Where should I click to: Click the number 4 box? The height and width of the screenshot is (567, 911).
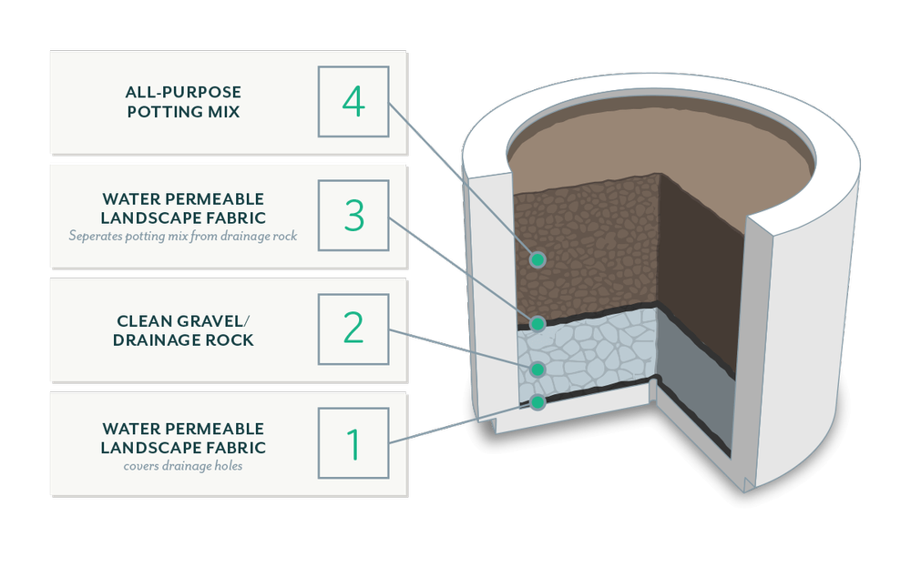click(353, 102)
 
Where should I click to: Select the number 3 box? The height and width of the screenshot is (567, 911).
click(353, 216)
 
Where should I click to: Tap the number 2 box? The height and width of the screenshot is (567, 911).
click(353, 329)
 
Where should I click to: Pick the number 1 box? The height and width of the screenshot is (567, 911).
click(353, 443)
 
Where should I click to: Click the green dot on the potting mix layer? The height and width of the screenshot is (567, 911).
click(537, 259)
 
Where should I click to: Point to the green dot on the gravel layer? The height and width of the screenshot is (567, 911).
click(537, 369)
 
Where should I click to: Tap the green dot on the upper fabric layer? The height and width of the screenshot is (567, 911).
click(537, 323)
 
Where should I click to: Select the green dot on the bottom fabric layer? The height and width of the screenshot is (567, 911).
click(537, 400)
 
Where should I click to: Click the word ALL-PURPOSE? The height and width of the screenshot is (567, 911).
click(183, 92)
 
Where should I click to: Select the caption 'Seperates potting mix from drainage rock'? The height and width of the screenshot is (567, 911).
click(183, 237)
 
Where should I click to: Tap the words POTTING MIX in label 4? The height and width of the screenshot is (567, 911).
click(183, 112)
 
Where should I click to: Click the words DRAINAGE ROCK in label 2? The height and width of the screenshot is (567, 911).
click(183, 340)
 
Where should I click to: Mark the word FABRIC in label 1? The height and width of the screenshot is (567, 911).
click(234, 448)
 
